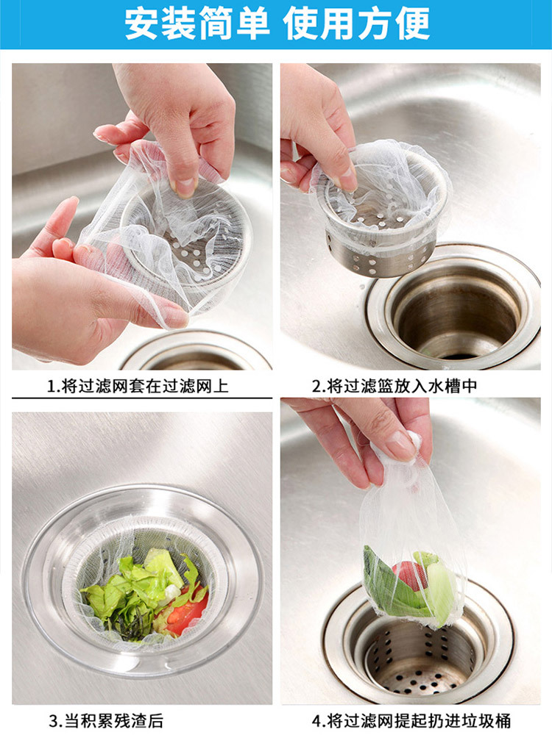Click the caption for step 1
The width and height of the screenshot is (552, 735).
(x=138, y=386)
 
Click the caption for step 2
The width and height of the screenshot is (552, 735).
(x=394, y=386)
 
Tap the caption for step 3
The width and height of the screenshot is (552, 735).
(x=107, y=720)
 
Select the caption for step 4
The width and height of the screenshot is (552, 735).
(x=411, y=720)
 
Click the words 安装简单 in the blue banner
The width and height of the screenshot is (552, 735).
(x=197, y=24)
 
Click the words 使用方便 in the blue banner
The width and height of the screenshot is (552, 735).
(x=356, y=24)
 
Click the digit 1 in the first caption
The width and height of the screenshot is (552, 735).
(x=52, y=387)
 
